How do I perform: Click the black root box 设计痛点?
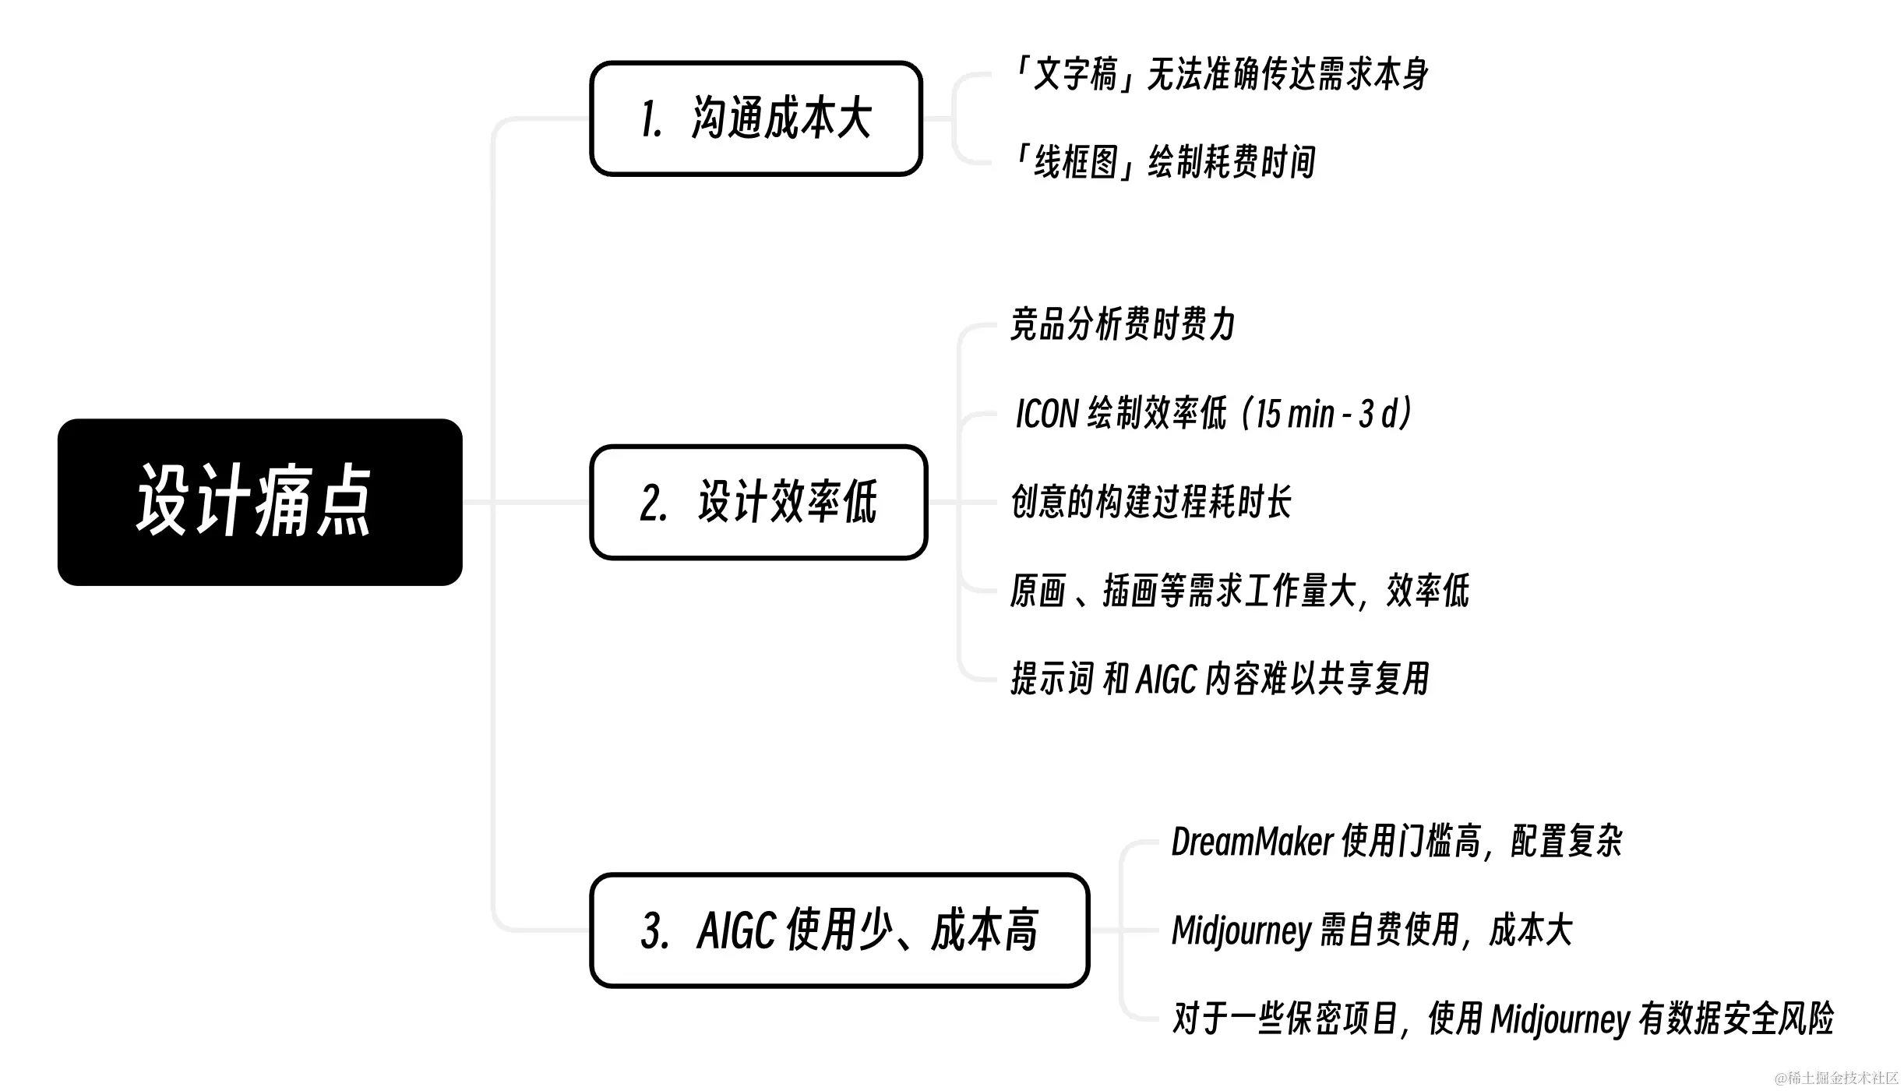pyautogui.click(x=259, y=502)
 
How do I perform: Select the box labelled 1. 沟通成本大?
pyautogui.click(x=756, y=118)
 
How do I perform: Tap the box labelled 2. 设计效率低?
pyautogui.click(x=758, y=502)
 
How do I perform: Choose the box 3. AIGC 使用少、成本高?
pyautogui.click(x=839, y=930)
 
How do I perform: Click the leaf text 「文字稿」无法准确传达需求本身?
pyautogui.click(x=1219, y=75)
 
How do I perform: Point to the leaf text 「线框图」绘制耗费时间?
pyautogui.click(x=1163, y=163)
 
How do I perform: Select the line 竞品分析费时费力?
pyautogui.click(x=1123, y=324)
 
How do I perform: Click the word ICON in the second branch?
pyautogui.click(x=1046, y=414)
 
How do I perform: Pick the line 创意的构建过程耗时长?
pyautogui.click(x=1151, y=502)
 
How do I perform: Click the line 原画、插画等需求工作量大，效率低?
pyautogui.click(x=1239, y=591)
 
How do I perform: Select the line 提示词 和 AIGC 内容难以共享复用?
pyautogui.click(x=1219, y=679)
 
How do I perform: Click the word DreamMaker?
pyautogui.click(x=1252, y=842)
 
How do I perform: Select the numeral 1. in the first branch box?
pyautogui.click(x=651, y=120)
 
